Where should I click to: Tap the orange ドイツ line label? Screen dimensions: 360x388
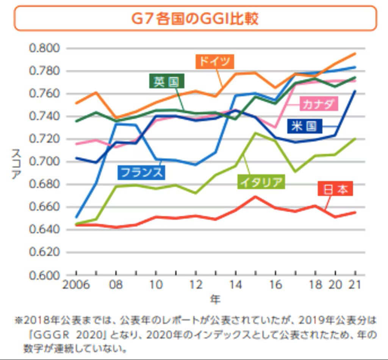215,61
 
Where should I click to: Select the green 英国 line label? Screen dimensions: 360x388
166,81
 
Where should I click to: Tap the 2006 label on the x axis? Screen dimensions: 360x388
76,285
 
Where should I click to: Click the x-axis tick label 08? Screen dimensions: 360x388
116,285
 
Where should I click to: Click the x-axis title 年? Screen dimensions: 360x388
215,300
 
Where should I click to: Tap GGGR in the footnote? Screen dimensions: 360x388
49,335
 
